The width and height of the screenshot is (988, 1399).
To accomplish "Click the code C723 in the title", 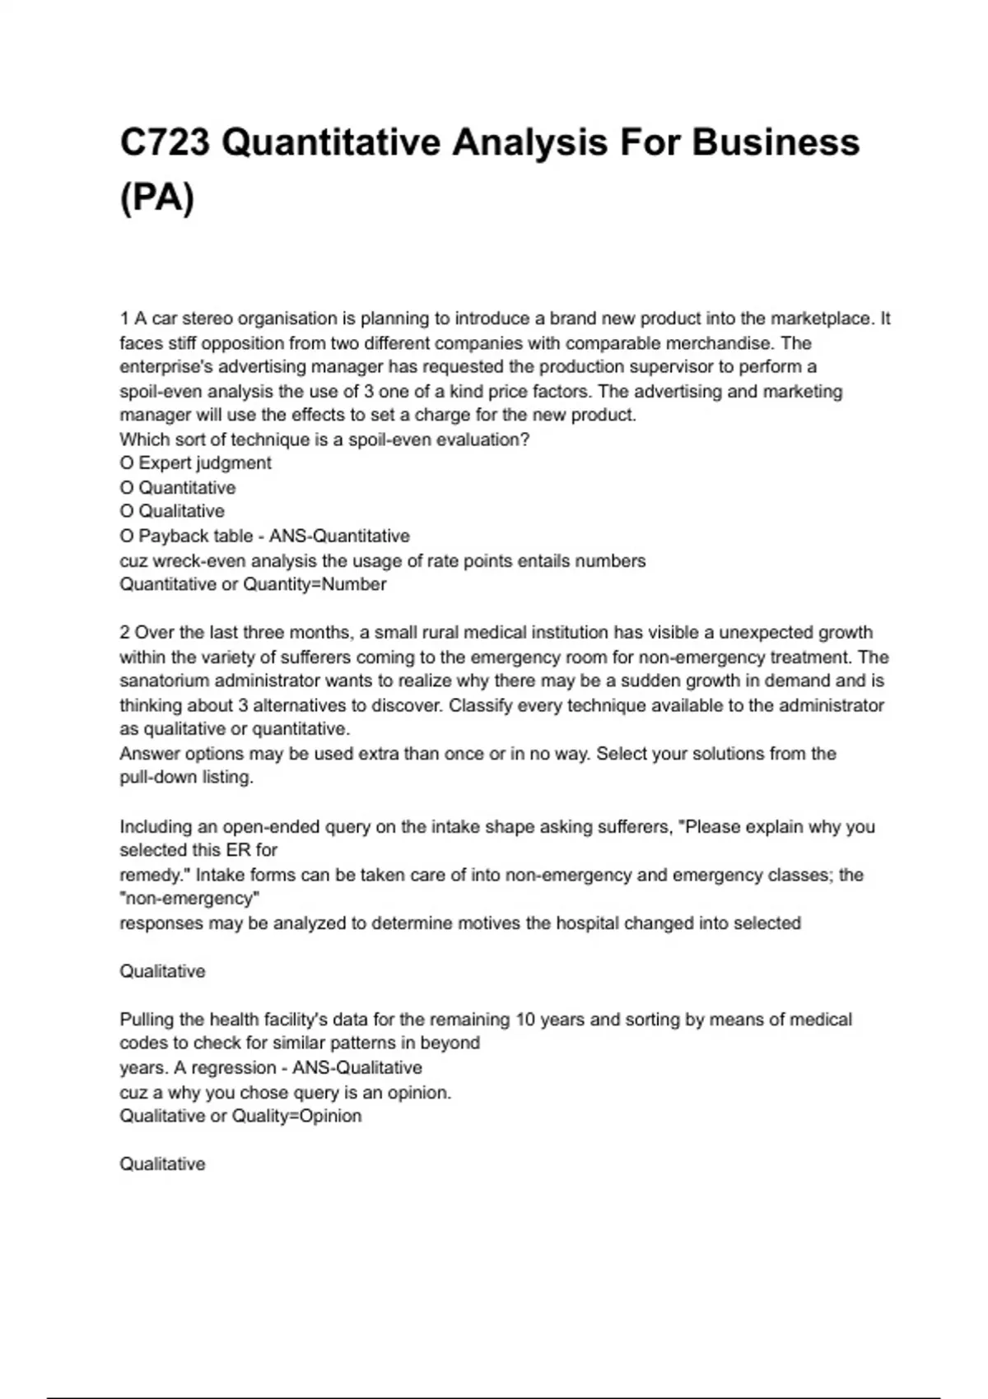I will (165, 142).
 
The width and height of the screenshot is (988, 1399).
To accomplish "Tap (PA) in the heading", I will (157, 198).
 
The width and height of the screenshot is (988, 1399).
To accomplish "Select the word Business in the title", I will (776, 142).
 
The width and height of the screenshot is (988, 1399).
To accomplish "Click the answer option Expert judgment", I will (204, 462).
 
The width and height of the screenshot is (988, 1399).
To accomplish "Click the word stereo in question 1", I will (208, 318).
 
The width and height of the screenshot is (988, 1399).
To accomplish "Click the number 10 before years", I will (525, 1020).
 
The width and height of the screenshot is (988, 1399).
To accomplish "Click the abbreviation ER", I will (235, 849).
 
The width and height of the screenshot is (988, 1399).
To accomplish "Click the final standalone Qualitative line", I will (162, 1164).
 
